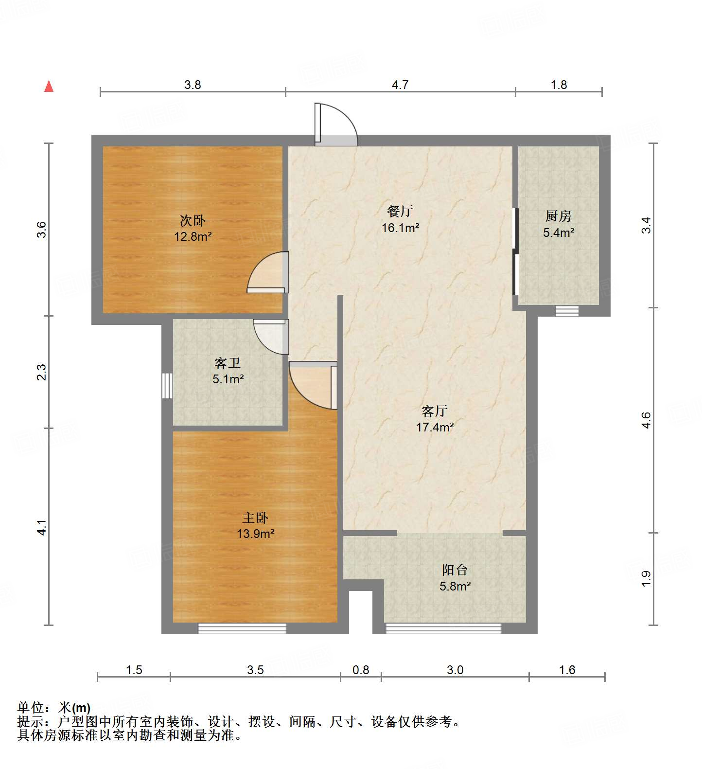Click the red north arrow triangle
point(49,86)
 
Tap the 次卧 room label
point(193,221)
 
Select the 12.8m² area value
point(193,237)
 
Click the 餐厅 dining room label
point(400,211)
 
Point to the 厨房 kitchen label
point(558,216)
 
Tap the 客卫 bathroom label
point(228,363)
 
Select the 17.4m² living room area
point(435,428)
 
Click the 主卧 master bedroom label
point(255,518)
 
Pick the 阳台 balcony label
point(455,570)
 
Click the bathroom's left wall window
point(167,385)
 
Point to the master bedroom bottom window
point(242,629)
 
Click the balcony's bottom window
point(443,629)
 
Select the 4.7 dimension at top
point(400,85)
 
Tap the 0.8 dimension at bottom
point(361,670)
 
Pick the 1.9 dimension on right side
point(646,578)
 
